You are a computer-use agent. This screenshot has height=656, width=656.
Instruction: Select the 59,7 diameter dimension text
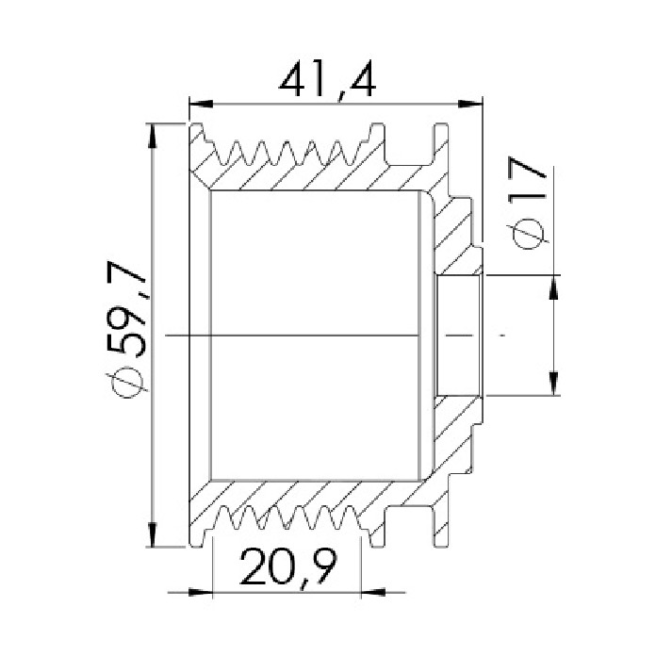pos(126,309)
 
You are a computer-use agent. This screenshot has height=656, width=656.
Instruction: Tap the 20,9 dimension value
pos(287,567)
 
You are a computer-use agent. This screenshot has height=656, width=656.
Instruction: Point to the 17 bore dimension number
pos(528,179)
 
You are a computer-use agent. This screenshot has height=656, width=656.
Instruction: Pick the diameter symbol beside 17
pos(528,233)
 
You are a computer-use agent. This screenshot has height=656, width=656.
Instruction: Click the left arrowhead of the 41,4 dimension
pos(202,104)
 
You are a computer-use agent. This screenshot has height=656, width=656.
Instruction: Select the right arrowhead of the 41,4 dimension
pos(470,104)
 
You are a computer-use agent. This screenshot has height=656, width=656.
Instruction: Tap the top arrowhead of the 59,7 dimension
pos(153,136)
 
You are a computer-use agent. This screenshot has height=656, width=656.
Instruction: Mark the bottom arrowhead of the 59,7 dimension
pos(153,533)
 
